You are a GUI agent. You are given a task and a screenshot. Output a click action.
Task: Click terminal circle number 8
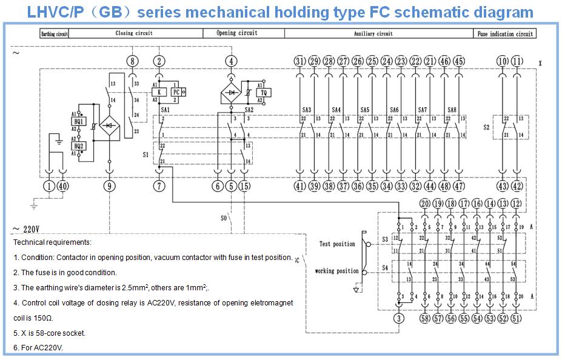[x=133, y=61]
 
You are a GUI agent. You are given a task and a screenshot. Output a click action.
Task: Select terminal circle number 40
[x=63, y=186]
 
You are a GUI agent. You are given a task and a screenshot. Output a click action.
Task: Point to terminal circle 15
[x=244, y=186]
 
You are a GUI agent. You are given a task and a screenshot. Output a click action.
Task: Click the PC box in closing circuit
[x=176, y=92]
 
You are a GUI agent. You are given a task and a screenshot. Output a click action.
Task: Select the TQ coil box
[x=264, y=92]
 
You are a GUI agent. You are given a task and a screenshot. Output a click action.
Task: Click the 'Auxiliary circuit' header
[x=373, y=34]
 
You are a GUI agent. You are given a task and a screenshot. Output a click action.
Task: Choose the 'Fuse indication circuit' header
[x=505, y=34]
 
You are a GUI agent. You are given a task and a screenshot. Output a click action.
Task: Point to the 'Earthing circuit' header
[x=54, y=35]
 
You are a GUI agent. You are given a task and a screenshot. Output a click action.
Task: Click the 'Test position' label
[x=337, y=244]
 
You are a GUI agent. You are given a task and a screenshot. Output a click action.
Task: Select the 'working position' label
[x=336, y=271]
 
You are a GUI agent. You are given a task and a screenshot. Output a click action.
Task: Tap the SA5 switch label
[x=364, y=110]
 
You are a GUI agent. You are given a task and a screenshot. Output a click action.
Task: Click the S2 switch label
[x=486, y=128]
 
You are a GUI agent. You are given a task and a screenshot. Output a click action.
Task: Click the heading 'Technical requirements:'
[x=52, y=242]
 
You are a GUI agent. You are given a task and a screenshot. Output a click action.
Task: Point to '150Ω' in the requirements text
[x=43, y=318]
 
